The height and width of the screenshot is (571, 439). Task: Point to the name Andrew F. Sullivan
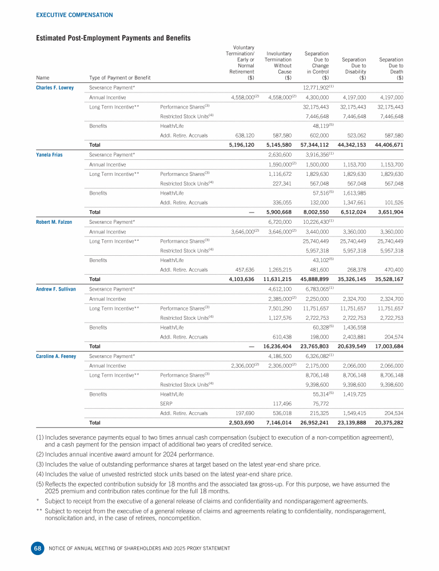56,289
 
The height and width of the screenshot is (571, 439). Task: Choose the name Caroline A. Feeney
56,357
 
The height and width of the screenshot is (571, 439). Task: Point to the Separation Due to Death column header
391,69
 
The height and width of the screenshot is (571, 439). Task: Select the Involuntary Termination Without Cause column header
278,66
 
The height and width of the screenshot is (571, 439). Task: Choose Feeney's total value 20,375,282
386,423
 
